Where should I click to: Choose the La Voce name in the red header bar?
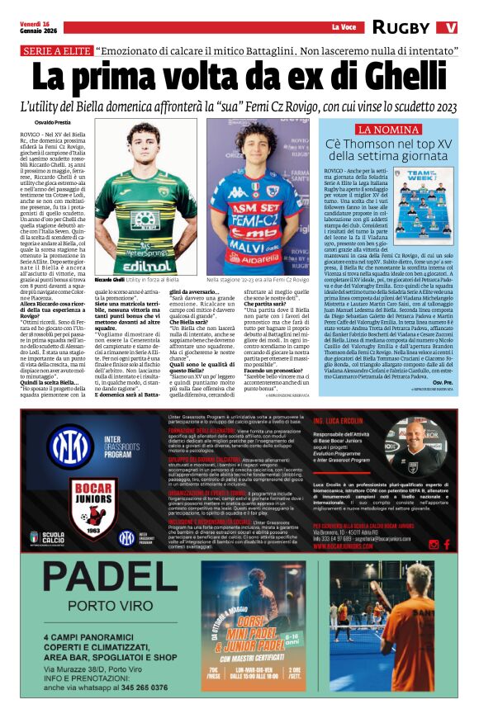(x=342, y=27)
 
